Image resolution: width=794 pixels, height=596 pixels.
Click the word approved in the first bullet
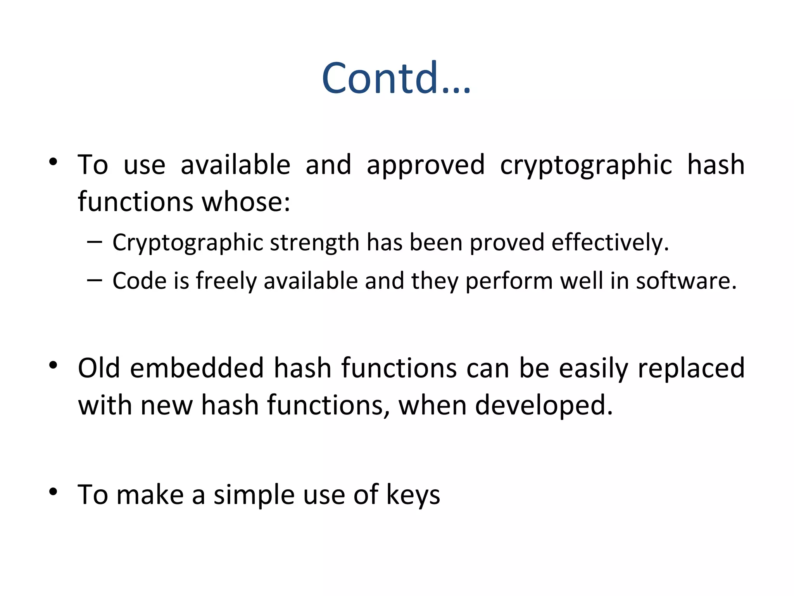[425, 165]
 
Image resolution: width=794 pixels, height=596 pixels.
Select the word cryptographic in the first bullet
[585, 165]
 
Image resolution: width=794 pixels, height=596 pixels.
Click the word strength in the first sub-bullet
[314, 243]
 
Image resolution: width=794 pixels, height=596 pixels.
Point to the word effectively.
[610, 243]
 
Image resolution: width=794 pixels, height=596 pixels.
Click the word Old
[99, 368]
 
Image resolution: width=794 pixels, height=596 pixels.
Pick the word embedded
[197, 368]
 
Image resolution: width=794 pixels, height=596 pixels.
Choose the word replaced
[691, 368]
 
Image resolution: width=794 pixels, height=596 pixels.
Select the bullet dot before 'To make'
[54, 492]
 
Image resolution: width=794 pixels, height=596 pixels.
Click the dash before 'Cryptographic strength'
[95, 242]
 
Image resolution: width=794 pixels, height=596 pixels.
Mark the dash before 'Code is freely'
[95, 280]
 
